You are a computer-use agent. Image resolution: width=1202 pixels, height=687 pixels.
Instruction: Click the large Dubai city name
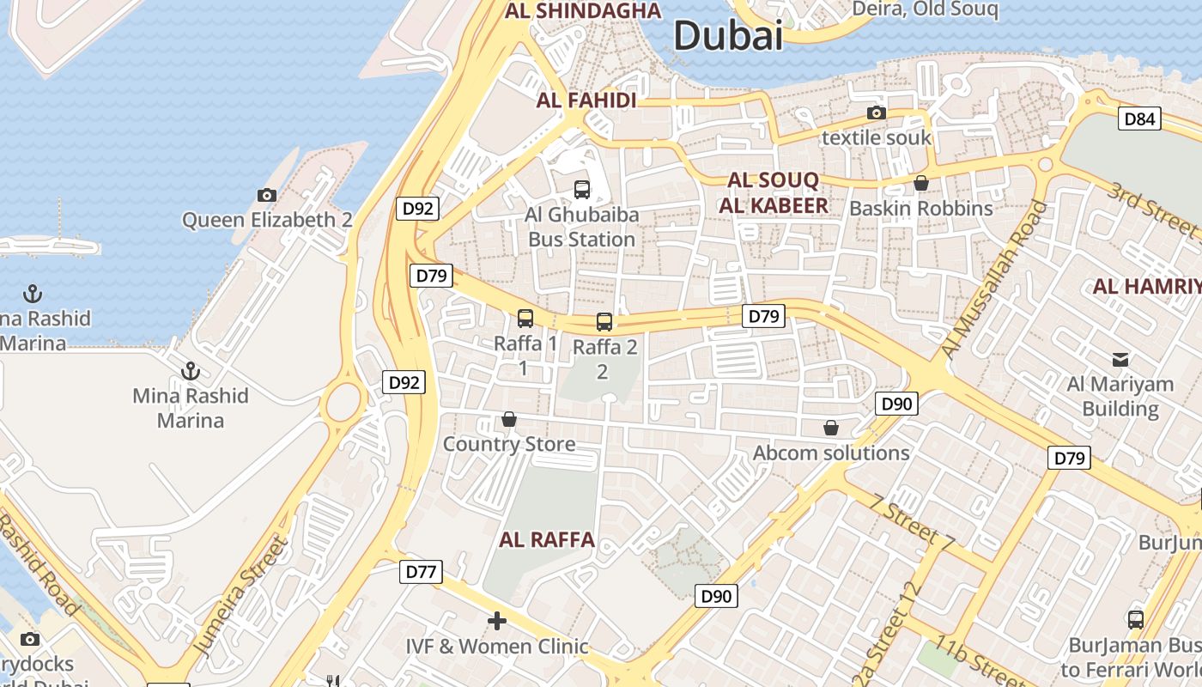pyautogui.click(x=728, y=36)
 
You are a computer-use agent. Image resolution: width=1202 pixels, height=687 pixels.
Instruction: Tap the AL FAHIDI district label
pyautogui.click(x=586, y=100)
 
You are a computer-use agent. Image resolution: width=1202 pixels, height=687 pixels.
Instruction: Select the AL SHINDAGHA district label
pyautogui.click(x=583, y=10)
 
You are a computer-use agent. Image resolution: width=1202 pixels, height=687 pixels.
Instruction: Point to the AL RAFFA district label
pyautogui.click(x=547, y=539)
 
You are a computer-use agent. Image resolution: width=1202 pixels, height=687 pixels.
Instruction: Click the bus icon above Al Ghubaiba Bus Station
pyautogui.click(x=581, y=189)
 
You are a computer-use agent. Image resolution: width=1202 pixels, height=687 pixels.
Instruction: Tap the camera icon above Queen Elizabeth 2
pyautogui.click(x=267, y=195)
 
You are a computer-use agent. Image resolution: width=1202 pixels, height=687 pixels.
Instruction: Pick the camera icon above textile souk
pyautogui.click(x=876, y=112)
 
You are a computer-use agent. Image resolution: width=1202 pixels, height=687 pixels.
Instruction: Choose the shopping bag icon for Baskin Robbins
pyautogui.click(x=920, y=183)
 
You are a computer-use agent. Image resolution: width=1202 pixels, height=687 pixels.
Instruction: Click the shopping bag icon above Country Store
pyautogui.click(x=509, y=419)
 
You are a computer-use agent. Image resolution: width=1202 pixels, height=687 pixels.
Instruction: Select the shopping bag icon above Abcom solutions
pyautogui.click(x=830, y=428)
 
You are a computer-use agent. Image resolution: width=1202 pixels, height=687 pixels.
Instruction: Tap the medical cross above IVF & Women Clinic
pyautogui.click(x=496, y=620)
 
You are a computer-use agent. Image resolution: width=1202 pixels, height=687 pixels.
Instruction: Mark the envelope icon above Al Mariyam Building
pyautogui.click(x=1120, y=359)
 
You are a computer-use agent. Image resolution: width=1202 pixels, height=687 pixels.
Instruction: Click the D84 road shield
pyautogui.click(x=1139, y=119)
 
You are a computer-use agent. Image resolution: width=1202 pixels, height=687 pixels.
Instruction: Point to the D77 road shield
pyautogui.click(x=421, y=571)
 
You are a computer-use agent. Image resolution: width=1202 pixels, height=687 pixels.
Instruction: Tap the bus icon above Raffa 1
pyautogui.click(x=525, y=319)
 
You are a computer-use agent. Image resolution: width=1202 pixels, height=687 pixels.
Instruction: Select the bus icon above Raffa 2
pyautogui.click(x=604, y=322)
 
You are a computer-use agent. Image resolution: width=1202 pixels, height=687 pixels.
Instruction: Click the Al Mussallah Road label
pyautogui.click(x=996, y=279)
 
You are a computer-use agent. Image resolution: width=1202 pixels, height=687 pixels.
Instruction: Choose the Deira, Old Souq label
pyautogui.click(x=925, y=9)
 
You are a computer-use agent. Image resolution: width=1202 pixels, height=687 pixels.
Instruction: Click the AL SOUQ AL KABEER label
pyautogui.click(x=773, y=192)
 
